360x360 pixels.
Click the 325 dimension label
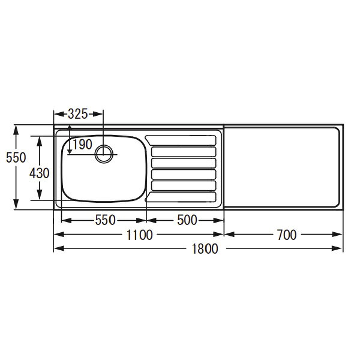78,114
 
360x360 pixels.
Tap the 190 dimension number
82,145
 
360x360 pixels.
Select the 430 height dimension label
39,173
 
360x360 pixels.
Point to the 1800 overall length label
205,248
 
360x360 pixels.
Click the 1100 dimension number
140,235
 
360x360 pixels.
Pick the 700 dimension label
287,235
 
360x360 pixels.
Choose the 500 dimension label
187,220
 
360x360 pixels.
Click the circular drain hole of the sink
104,154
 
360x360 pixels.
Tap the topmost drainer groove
181,140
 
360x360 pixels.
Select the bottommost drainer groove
181,197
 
